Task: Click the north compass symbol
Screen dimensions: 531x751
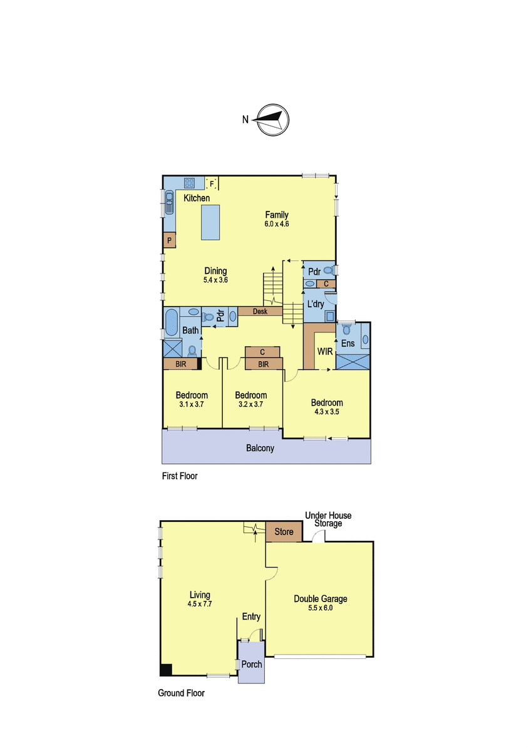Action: [x=273, y=120]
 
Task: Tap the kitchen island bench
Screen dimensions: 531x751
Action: [x=210, y=222]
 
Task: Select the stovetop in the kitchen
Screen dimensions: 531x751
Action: [x=189, y=183]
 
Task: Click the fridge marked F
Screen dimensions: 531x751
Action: [x=212, y=183]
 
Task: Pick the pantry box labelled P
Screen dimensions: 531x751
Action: [x=170, y=240]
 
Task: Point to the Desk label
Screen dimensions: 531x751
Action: [x=260, y=312]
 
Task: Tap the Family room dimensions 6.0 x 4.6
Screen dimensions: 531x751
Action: [x=277, y=224]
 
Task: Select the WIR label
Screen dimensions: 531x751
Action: [x=325, y=351]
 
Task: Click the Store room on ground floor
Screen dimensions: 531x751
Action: [x=284, y=531]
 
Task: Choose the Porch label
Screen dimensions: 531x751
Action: [x=252, y=664]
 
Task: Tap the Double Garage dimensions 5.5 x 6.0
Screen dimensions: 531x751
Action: [x=321, y=608]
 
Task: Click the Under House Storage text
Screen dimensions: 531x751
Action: [x=328, y=519]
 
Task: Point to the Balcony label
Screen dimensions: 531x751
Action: [x=260, y=448]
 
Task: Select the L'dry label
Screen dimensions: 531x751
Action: [x=316, y=304]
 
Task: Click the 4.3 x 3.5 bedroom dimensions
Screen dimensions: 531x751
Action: [x=326, y=412]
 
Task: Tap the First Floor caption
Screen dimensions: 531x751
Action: [x=180, y=476]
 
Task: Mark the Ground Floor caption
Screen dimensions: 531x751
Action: [x=181, y=693]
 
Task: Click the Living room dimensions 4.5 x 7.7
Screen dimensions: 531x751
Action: [x=200, y=605]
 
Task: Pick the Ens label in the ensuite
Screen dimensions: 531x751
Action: [x=348, y=344]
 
